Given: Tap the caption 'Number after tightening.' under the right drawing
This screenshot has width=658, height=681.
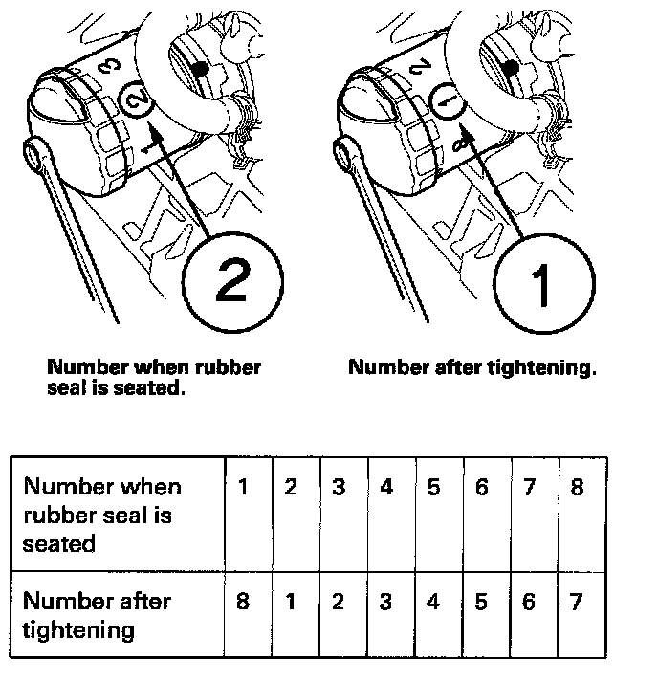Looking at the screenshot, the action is [x=472, y=367].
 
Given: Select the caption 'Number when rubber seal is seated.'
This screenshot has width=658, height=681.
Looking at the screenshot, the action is [x=154, y=376].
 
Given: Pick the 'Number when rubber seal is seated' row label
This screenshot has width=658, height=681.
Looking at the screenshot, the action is [x=102, y=514].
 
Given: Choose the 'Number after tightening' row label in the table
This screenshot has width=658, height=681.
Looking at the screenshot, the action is [x=97, y=615].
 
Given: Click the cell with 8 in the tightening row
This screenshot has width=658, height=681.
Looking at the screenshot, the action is [x=243, y=604].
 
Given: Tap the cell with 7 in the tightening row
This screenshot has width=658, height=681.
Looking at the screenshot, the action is [x=576, y=604].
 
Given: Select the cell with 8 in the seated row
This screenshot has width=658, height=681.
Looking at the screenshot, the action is [x=576, y=487].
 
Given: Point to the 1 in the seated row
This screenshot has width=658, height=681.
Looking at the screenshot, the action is [x=243, y=487].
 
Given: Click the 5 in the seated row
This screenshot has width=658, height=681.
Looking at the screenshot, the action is [x=433, y=487].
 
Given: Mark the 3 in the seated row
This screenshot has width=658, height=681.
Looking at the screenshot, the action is [x=339, y=487].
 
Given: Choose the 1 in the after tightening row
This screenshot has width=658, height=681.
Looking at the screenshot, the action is [x=291, y=604].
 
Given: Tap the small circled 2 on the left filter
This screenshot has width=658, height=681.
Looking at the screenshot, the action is [x=136, y=99].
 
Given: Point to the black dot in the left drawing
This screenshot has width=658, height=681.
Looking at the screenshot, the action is [x=199, y=69].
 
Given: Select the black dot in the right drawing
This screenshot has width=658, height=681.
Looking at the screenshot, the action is [x=511, y=68].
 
